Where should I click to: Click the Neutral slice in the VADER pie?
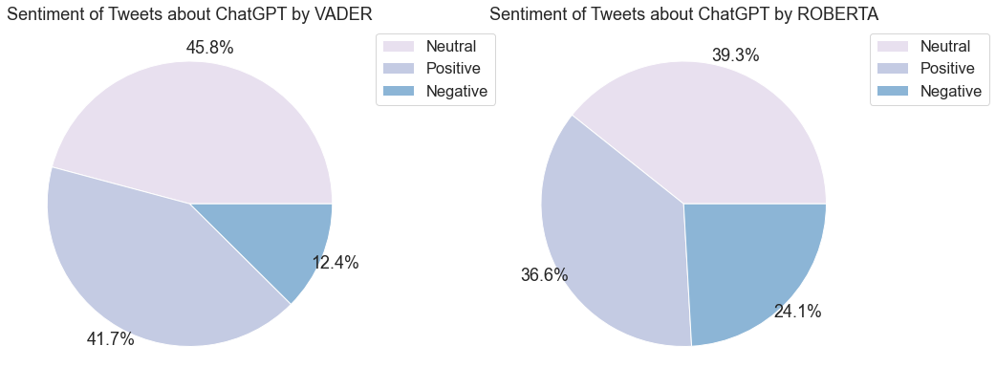(x=191, y=124)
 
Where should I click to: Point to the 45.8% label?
(x=209, y=48)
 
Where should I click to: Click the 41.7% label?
(x=110, y=339)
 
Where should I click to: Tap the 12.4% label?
(x=335, y=263)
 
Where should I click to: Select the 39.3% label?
(x=735, y=55)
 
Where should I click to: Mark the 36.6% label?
(x=544, y=275)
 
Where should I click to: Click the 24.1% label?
(x=797, y=312)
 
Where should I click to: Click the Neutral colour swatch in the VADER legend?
(x=399, y=47)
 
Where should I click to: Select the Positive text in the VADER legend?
(x=453, y=69)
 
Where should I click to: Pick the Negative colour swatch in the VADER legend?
(x=399, y=91)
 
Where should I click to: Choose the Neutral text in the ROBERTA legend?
(x=944, y=47)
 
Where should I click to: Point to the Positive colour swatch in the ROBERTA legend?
(x=892, y=69)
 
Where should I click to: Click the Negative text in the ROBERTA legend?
(x=950, y=91)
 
